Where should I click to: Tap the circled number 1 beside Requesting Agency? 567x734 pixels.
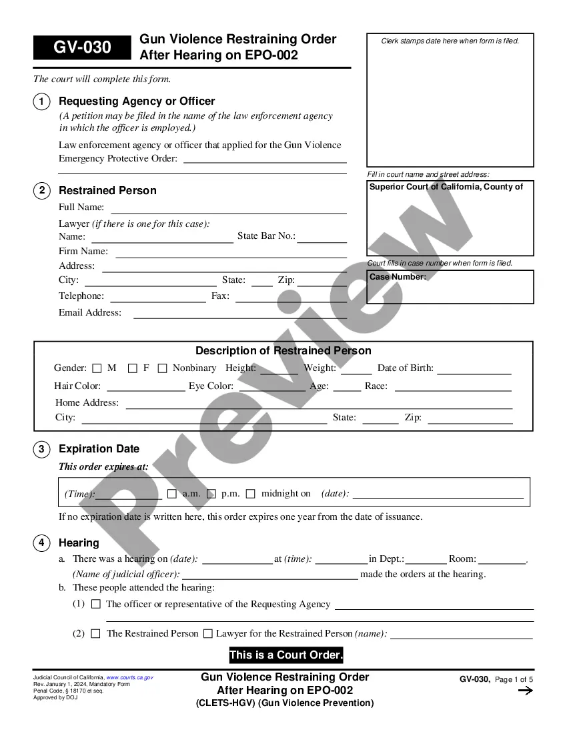(x=41, y=101)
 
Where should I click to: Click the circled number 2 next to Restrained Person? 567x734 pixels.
(x=41, y=191)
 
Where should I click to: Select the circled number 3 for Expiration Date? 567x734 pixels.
(x=41, y=449)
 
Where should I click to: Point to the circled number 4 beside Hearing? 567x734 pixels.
(x=41, y=542)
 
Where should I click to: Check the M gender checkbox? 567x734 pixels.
(x=97, y=368)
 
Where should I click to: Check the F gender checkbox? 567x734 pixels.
(x=133, y=368)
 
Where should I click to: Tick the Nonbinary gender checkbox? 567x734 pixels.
(x=162, y=368)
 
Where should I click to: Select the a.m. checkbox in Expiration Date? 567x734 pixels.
(x=172, y=494)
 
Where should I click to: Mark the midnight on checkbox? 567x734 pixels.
(x=251, y=494)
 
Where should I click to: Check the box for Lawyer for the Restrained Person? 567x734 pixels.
(x=208, y=633)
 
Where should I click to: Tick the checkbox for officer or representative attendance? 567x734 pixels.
(x=96, y=604)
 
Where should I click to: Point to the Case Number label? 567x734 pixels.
(x=398, y=277)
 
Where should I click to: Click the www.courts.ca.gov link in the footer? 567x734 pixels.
(x=129, y=677)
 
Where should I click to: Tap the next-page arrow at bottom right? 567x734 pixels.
(x=526, y=691)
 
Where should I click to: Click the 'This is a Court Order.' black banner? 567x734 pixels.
(x=286, y=655)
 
